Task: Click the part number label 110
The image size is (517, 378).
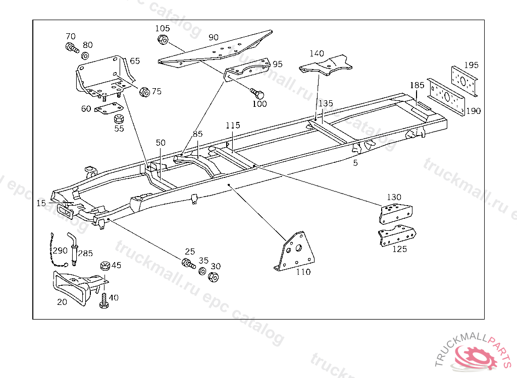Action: tap(303, 272)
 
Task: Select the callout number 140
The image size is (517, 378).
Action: tap(317, 53)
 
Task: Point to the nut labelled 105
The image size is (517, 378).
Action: tap(163, 39)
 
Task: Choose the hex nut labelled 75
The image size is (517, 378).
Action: tap(144, 92)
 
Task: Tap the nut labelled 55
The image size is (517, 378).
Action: tap(120, 119)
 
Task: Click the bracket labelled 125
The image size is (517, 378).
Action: tap(398, 235)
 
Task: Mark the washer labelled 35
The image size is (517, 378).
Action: tap(202, 272)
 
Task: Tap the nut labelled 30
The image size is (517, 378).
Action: tap(213, 277)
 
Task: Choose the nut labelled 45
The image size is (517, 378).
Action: tap(106, 266)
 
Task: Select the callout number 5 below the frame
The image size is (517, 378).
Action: tap(355, 163)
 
